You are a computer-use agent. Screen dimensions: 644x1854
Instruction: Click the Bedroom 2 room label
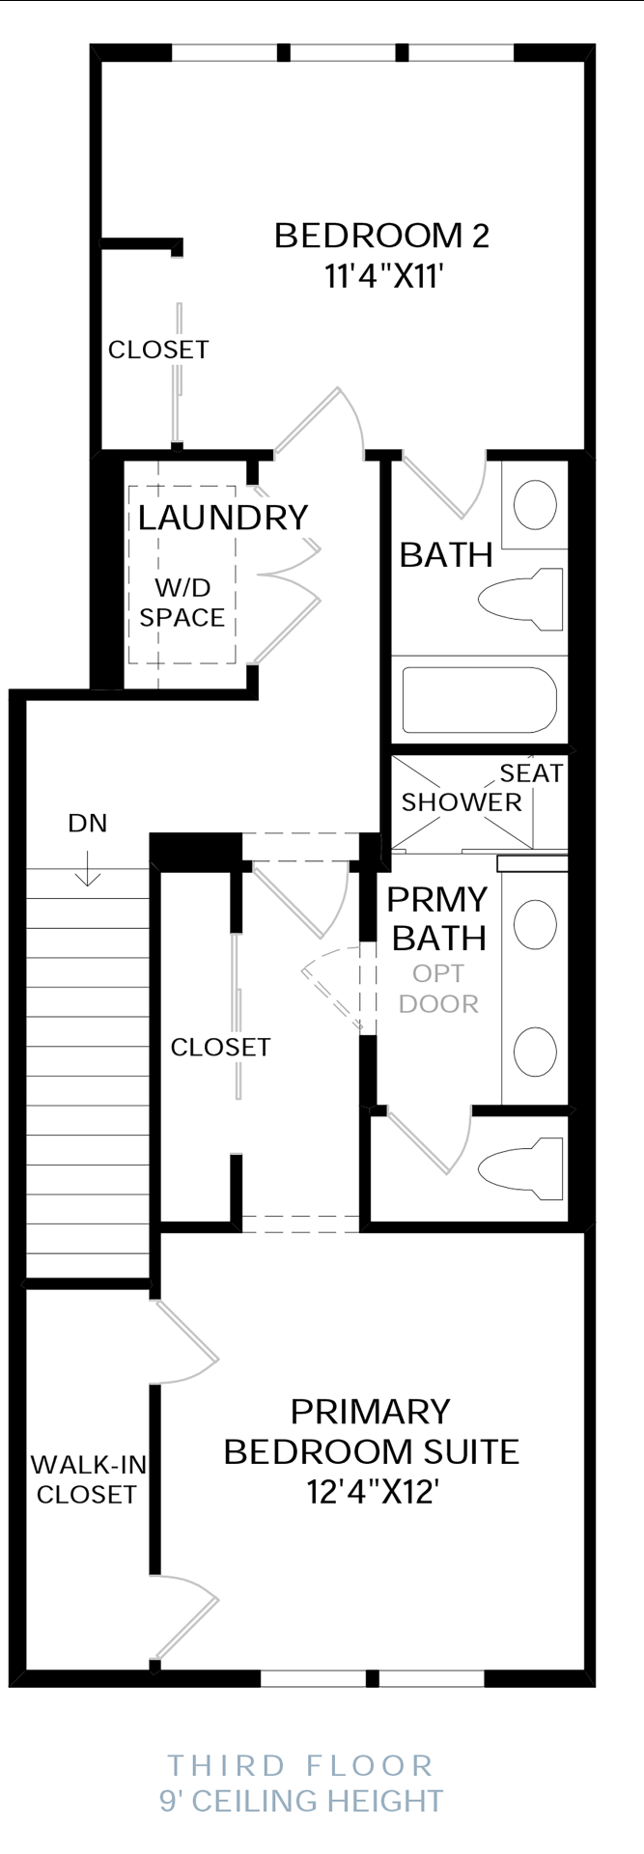point(381,236)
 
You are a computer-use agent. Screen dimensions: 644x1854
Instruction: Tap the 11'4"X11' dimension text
point(383,277)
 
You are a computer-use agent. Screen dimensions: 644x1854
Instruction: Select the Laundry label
point(223,518)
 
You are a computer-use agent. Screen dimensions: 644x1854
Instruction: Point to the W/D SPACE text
point(182,603)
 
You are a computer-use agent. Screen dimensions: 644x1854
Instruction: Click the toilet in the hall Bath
point(520,599)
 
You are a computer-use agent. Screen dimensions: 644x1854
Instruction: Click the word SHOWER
point(462,802)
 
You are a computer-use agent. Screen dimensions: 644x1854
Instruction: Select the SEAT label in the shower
point(531,772)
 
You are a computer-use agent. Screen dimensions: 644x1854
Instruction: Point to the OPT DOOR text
point(438,989)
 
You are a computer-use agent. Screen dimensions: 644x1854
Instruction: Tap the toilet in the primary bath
point(520,1168)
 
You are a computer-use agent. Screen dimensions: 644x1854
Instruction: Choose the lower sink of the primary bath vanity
point(535,1052)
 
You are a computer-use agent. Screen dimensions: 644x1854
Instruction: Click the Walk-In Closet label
point(88,1479)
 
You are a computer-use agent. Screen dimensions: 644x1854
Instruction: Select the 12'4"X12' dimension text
point(373,1492)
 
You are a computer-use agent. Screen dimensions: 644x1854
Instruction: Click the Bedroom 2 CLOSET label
point(158,350)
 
